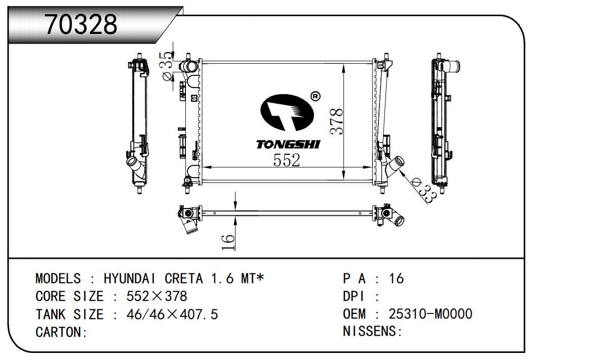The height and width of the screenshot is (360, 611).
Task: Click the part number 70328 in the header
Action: (x=81, y=24)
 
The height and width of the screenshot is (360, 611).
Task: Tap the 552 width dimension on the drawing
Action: (x=286, y=160)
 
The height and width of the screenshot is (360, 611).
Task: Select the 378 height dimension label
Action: (x=336, y=122)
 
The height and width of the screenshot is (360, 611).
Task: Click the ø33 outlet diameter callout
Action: (x=424, y=190)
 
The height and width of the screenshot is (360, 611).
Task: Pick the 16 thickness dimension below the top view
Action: (x=228, y=242)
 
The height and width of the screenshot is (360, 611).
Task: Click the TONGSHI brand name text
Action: (x=288, y=144)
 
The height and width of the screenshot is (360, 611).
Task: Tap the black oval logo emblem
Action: (x=287, y=112)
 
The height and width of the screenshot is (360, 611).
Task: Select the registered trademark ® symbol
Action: (x=316, y=96)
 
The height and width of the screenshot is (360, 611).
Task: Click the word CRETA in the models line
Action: (x=183, y=278)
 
